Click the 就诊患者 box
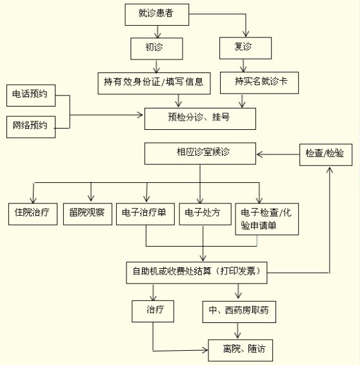pos(157,14)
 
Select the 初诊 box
pos(157,48)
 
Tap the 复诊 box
pos(245,48)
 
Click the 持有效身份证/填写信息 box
pos(154,83)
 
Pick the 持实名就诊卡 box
pos(259,83)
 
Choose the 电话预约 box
pos(31,96)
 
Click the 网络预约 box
pos(31,127)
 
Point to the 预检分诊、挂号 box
pos(200,119)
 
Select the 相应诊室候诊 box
pos(200,153)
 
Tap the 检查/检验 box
pos(326,155)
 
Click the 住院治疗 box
pos(33,214)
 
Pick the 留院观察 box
pos(88,214)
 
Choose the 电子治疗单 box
pos(145,214)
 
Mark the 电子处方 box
pos(205,214)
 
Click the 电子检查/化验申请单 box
pos(267,219)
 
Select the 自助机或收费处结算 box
pos(197,273)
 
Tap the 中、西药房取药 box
pos(239,311)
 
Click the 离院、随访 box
pos(241,350)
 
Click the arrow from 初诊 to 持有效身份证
pos(156,67)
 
